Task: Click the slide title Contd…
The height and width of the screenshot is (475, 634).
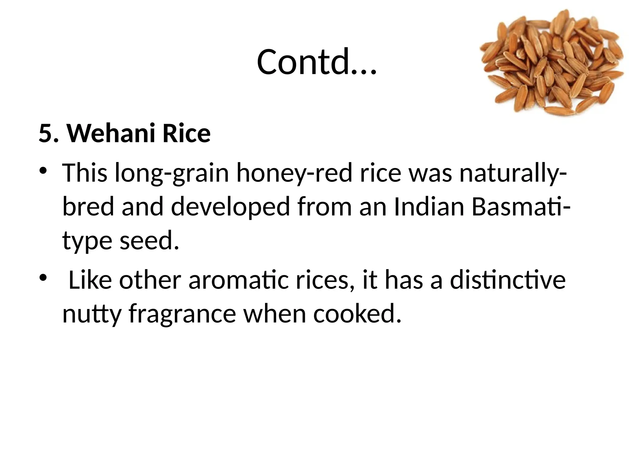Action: (x=316, y=62)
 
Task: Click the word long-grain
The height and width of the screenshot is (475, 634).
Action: (x=172, y=173)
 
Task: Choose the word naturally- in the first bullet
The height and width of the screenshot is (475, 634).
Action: (x=513, y=173)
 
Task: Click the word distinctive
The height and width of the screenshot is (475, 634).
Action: (x=508, y=280)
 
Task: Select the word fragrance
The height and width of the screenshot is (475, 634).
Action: (x=183, y=314)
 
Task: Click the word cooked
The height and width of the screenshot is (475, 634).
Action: (x=357, y=314)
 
